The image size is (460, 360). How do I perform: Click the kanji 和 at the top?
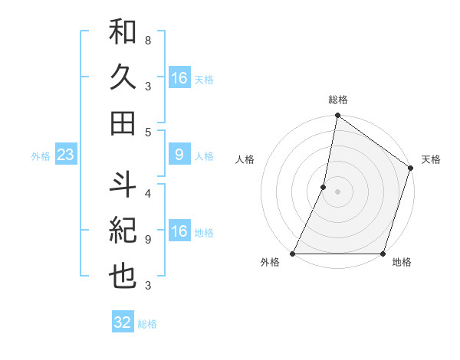click(123, 34)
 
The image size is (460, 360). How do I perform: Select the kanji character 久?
click(123, 77)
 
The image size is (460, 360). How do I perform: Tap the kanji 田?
click(123, 123)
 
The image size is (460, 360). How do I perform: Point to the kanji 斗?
click(123, 184)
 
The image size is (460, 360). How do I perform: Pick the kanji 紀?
click(123, 231)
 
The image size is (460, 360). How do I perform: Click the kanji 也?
click(123, 276)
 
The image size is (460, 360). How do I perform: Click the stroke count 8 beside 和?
click(147, 39)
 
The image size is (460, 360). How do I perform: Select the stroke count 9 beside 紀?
click(147, 240)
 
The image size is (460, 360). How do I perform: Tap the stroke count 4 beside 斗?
click(147, 192)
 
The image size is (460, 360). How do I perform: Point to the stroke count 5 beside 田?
click(147, 132)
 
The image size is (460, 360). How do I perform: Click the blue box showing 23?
click(65, 155)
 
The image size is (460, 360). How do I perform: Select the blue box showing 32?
click(122, 322)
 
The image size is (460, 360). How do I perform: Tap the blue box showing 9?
click(179, 155)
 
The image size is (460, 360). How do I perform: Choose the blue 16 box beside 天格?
click(179, 78)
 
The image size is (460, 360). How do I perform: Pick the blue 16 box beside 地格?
click(179, 232)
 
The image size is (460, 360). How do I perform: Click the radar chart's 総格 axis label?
click(337, 100)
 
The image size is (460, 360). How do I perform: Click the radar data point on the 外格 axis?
click(294, 254)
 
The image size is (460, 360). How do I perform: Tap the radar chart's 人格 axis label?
click(245, 159)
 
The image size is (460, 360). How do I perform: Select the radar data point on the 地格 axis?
click(382, 254)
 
